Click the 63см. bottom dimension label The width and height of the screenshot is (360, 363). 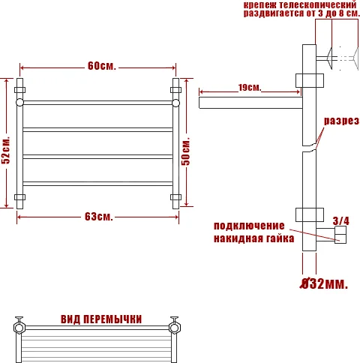click(98, 217)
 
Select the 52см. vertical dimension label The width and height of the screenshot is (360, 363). click(6, 151)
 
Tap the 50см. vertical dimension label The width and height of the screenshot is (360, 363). click(187, 150)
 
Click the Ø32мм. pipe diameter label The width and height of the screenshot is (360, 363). click(324, 284)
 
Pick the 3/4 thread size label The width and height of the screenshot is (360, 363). click(340, 220)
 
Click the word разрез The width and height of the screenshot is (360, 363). click(341, 121)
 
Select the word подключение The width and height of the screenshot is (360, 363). click(249, 226)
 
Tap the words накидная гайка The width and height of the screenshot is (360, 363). click(249, 239)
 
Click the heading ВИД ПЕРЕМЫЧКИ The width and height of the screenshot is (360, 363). click(101, 319)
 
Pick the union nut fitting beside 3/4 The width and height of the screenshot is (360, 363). click(341, 238)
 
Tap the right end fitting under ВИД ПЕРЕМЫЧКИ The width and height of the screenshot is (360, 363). click(176, 327)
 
